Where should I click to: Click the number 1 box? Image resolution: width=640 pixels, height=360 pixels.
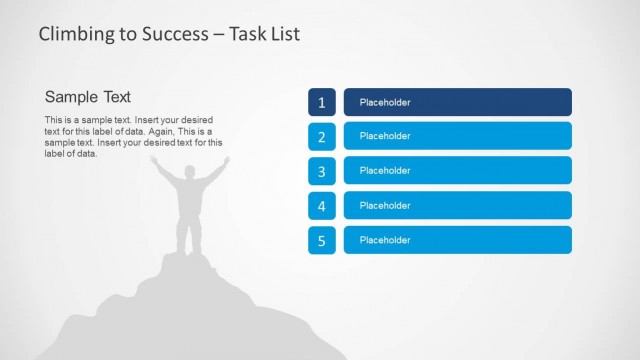tap(321, 102)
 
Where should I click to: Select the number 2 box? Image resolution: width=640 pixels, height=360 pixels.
tap(321, 137)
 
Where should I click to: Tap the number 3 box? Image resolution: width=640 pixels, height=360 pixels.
tap(321, 171)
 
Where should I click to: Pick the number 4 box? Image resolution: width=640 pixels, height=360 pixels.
tap(321, 206)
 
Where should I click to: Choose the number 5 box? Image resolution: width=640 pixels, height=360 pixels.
tap(321, 240)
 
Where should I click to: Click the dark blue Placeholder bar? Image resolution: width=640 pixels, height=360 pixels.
tap(457, 102)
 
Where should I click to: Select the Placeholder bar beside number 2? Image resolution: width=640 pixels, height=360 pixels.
tap(457, 136)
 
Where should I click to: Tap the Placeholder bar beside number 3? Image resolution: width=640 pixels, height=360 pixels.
tap(457, 170)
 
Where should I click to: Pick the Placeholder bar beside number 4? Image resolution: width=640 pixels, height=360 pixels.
tap(457, 205)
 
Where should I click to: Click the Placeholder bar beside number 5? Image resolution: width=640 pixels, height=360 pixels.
tap(457, 240)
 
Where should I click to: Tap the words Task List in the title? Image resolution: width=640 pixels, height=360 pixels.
tap(264, 34)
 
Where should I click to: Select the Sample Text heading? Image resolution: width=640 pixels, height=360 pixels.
tap(88, 97)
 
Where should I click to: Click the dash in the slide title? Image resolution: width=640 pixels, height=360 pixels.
tap(217, 35)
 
